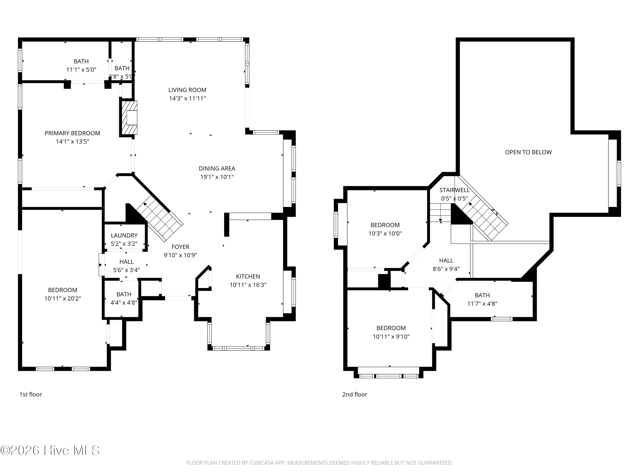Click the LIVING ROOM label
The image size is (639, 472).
tap(187, 90)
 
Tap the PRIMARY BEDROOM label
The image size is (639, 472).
tap(72, 133)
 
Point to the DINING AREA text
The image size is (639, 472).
tap(217, 169)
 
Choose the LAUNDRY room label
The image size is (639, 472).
tap(124, 235)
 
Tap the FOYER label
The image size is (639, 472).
tap(180, 247)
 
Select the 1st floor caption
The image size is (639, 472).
tap(31, 395)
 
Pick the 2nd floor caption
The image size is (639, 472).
tap(355, 395)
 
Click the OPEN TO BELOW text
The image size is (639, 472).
tap(528, 152)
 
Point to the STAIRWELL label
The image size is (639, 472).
tap(454, 190)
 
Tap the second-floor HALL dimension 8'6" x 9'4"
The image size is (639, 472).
tap(446, 269)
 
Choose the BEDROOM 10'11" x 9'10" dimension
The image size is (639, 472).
tap(391, 337)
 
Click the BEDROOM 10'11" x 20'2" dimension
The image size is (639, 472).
tap(63, 298)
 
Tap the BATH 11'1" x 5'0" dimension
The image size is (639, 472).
tap(81, 70)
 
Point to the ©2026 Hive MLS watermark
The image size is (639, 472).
tap(50, 450)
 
